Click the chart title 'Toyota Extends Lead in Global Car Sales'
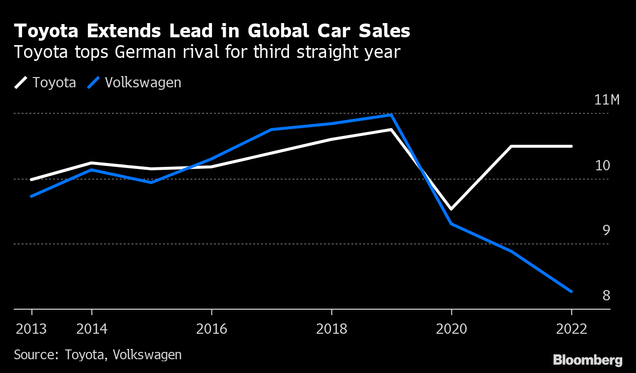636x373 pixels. [212, 31]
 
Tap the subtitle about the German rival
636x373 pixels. [208, 52]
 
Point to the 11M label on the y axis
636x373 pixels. [607, 100]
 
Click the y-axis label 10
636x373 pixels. [603, 165]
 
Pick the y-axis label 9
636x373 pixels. [606, 231]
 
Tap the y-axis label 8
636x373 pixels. [606, 295]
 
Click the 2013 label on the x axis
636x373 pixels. [31, 329]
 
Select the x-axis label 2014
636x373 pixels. [92, 329]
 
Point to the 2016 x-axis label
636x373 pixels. [212, 329]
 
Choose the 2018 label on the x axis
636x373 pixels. [332, 329]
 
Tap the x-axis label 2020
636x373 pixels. [451, 329]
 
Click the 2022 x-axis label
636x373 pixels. [571, 329]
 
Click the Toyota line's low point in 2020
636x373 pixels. [451, 209]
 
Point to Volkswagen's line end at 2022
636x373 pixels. [571, 292]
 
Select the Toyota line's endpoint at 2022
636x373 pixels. [571, 146]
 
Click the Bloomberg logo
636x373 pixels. [587, 360]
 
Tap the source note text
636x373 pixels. [98, 355]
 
